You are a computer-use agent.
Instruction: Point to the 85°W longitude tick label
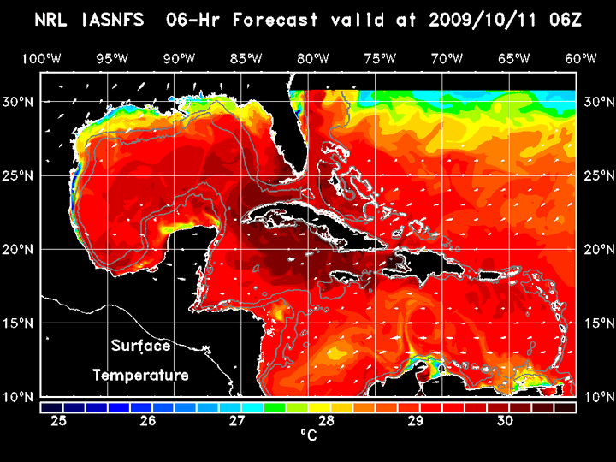246,58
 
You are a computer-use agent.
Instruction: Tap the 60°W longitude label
582,58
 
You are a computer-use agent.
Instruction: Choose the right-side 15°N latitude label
597,323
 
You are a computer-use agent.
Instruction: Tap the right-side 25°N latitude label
597,175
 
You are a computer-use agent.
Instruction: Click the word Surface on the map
140,346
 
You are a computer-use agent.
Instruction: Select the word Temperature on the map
140,375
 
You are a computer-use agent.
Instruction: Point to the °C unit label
308,435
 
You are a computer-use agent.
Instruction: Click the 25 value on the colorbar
58,420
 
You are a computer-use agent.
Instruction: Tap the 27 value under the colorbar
237,420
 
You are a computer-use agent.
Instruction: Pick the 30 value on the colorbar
504,420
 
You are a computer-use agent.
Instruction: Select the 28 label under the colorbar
326,420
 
